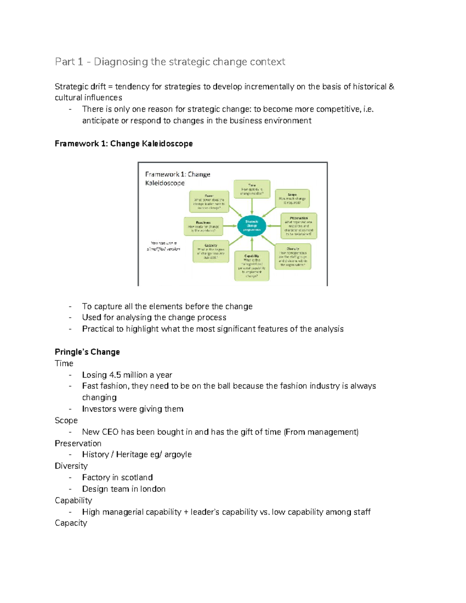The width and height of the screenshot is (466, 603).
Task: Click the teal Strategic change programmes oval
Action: (252, 226)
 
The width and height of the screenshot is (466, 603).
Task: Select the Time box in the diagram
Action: (252, 189)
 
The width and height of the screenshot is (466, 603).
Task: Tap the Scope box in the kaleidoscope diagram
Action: (292, 198)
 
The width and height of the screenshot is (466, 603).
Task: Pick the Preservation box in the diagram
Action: (299, 226)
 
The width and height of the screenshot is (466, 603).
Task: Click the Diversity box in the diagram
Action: (293, 257)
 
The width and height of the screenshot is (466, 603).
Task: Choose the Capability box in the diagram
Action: (252, 266)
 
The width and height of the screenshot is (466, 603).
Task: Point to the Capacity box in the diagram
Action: (211, 252)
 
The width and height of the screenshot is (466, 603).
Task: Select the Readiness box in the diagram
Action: (203, 226)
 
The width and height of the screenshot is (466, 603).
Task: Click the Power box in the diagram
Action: (209, 202)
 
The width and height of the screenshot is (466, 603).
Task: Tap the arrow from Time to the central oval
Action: (252, 206)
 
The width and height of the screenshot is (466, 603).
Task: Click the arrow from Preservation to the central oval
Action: (274, 226)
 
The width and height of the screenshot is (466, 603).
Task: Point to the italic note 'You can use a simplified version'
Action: (163, 246)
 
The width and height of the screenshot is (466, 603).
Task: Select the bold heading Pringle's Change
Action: (87, 352)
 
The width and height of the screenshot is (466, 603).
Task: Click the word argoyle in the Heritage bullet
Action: (178, 454)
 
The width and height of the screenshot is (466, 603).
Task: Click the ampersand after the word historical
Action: (391, 87)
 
